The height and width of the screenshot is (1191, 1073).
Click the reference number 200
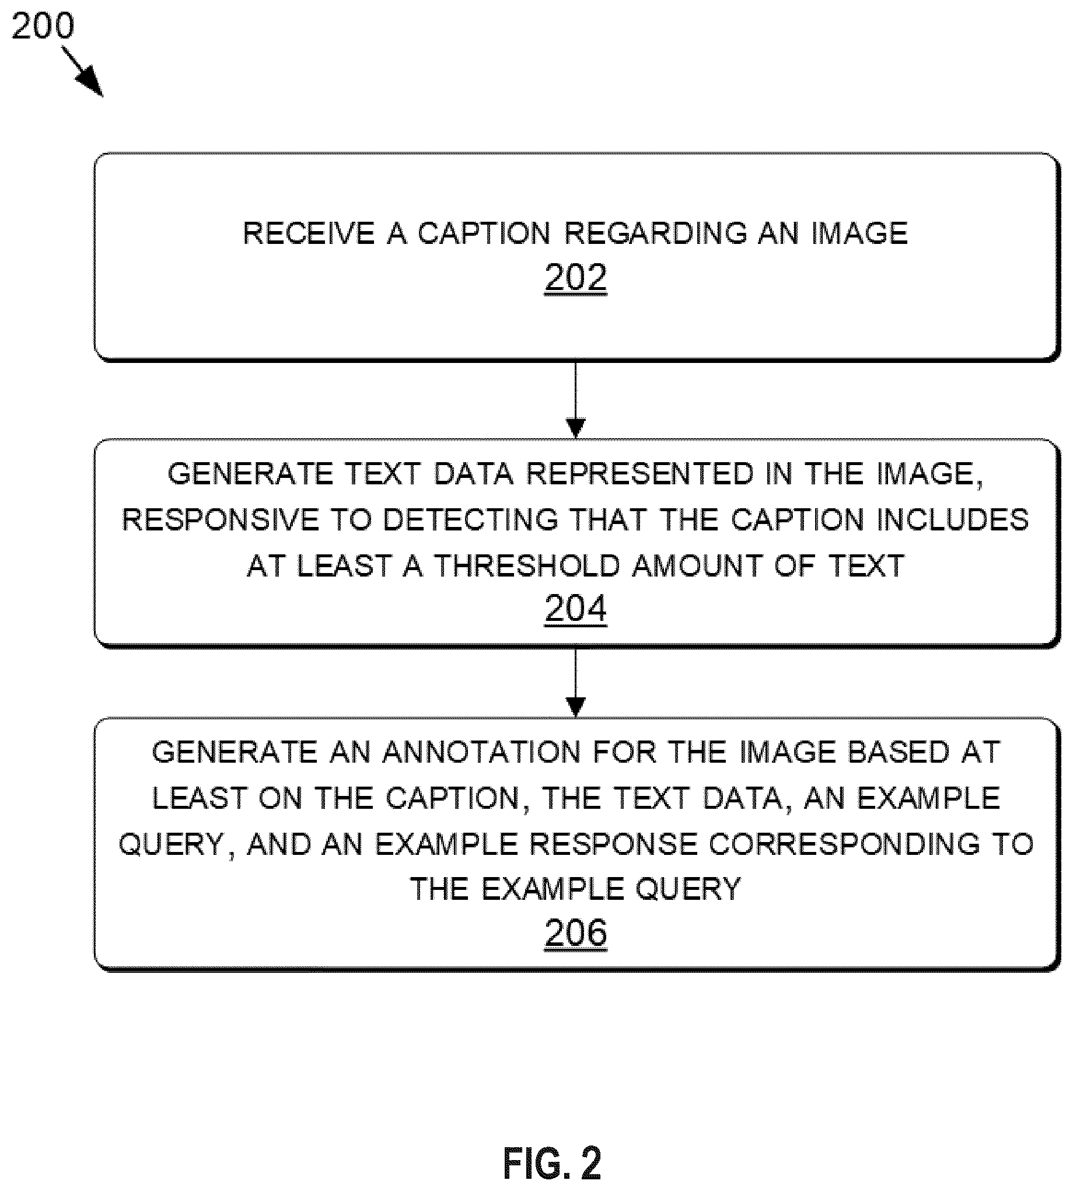[x=43, y=26]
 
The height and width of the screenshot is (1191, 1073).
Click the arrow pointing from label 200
[x=82, y=71]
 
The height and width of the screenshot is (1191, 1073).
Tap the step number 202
[x=575, y=277]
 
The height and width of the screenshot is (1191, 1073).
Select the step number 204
[x=575, y=608]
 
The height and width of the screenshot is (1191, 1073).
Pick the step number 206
[x=575, y=932]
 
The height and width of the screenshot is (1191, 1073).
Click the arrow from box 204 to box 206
[x=575, y=682]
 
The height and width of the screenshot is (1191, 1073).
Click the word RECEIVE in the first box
[x=308, y=233]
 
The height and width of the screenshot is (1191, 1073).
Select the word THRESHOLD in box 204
[x=527, y=565]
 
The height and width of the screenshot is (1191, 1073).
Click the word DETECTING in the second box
[x=470, y=520]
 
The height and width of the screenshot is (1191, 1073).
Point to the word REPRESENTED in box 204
[x=639, y=474]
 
